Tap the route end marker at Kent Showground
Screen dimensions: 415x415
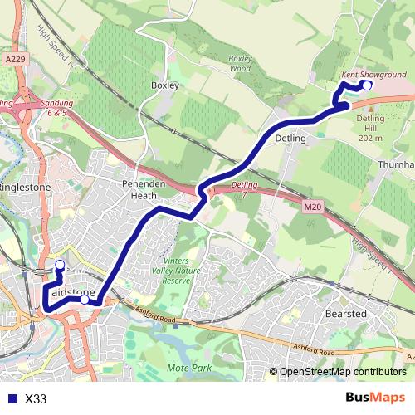pyautogui.click(x=367, y=84)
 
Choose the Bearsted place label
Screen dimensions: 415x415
pyautogui.click(x=347, y=314)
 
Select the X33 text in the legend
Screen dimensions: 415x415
pyautogui.click(x=36, y=399)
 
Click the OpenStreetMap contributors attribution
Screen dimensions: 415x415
pyautogui.click(x=342, y=373)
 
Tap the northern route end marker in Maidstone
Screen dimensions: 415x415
pyautogui.click(x=59, y=266)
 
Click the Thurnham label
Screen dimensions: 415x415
pyautogui.click(x=396, y=165)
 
